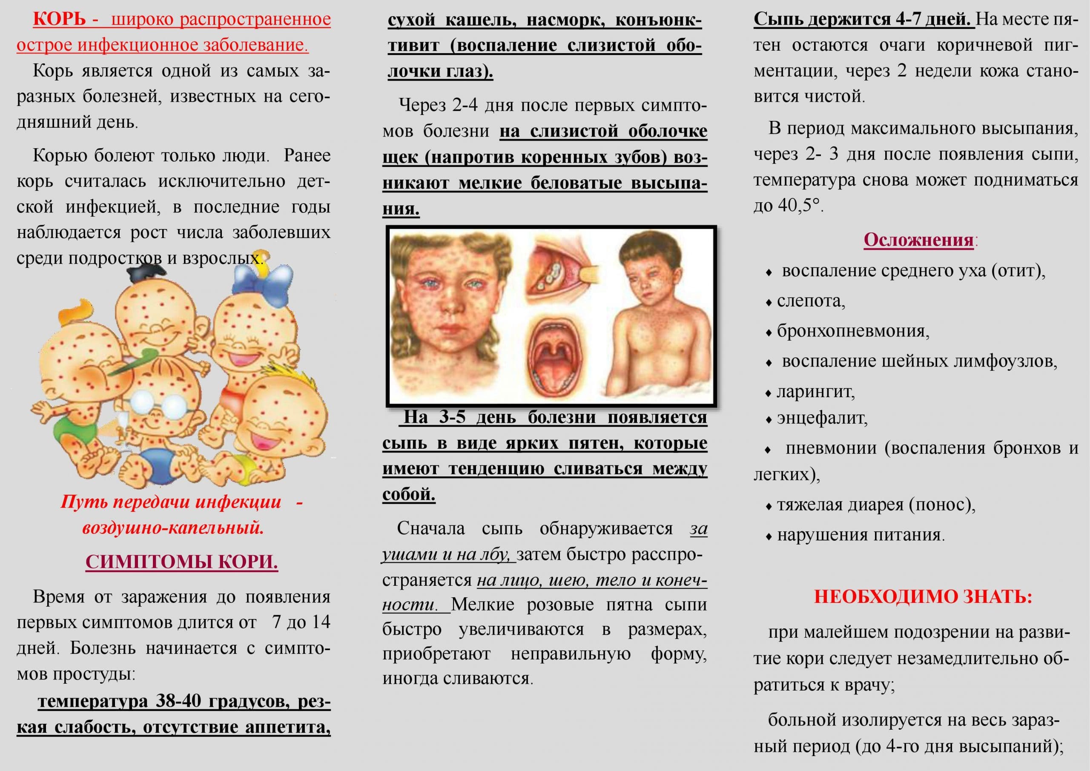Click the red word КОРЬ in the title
click(59, 20)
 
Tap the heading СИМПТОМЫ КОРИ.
click(181, 562)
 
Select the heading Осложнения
click(918, 240)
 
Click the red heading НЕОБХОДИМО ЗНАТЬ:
click(923, 596)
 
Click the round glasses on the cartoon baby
click(158, 404)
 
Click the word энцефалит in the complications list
click(822, 418)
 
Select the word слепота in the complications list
click(811, 301)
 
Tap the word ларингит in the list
click(816, 392)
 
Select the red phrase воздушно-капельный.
click(173, 528)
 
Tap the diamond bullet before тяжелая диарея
click(769, 507)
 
